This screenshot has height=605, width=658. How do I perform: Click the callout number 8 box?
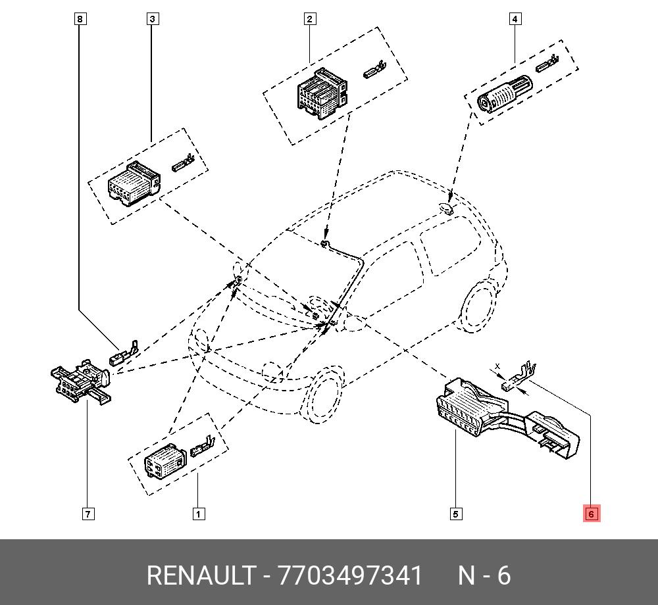point(80,19)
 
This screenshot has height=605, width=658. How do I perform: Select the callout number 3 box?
point(152,19)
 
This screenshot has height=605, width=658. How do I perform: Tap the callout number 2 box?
point(310,19)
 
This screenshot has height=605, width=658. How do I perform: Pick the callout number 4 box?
point(515,19)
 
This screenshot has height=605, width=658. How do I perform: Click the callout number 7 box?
point(88,514)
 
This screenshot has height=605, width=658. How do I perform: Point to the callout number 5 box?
point(456,514)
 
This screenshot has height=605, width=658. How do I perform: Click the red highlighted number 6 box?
point(591,514)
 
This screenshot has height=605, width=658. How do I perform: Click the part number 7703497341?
point(351,575)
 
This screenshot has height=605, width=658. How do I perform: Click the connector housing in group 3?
point(134,183)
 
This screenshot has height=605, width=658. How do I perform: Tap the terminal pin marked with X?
point(517,379)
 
